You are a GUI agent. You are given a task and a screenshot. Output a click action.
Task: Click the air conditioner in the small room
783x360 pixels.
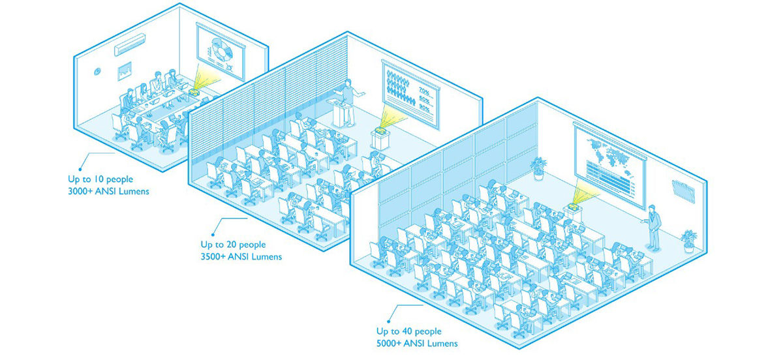coord(130,44)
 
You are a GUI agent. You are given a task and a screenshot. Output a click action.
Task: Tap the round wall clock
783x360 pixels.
coord(97,71)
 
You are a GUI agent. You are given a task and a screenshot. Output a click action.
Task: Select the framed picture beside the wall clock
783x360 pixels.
coord(125,71)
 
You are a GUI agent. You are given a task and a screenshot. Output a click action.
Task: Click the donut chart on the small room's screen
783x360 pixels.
coord(222,51)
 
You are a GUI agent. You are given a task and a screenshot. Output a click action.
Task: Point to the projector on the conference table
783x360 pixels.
coord(194,92)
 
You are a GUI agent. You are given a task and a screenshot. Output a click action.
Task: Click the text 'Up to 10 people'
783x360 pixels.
coord(100,179)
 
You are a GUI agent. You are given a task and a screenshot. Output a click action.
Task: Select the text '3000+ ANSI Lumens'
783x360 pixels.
coord(108,191)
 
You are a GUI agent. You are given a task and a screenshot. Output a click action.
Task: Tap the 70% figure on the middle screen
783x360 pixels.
coord(424,91)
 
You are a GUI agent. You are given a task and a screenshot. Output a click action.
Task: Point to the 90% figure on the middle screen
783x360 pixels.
coord(424,108)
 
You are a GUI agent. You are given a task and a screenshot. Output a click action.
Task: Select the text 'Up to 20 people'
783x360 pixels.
coord(233,245)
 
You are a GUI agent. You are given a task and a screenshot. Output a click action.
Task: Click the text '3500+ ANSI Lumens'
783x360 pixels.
coord(241,256)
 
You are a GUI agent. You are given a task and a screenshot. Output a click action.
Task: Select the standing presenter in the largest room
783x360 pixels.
coord(652,228)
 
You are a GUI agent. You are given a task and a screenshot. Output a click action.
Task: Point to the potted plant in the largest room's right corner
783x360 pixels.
coord(688,241)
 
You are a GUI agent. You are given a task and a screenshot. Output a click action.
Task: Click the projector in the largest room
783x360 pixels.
coord(573,206)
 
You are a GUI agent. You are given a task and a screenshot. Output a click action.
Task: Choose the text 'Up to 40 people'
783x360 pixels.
coord(409,331)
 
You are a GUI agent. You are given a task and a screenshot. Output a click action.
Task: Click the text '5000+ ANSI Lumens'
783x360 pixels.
coord(417,343)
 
